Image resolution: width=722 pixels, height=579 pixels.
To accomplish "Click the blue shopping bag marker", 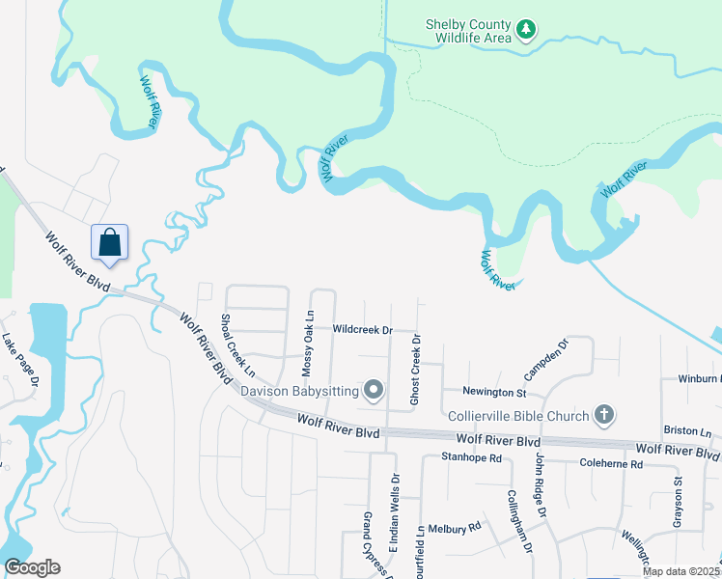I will [x=109, y=242].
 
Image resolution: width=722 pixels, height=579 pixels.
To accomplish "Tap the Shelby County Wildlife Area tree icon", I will [x=526, y=30].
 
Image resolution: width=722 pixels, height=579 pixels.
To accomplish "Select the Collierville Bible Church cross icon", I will [x=603, y=415].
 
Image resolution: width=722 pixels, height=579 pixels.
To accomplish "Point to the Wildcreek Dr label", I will [x=362, y=329].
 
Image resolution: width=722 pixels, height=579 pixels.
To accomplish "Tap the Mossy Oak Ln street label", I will [x=308, y=343].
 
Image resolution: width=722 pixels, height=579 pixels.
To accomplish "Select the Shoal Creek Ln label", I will [x=236, y=345].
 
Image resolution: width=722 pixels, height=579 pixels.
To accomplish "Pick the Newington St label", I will [x=494, y=393].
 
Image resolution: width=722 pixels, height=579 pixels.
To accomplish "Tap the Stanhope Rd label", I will [x=472, y=457].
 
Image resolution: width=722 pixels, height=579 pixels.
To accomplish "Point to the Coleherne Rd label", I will [x=611, y=464].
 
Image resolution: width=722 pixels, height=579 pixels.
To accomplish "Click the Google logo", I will [x=32, y=567].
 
